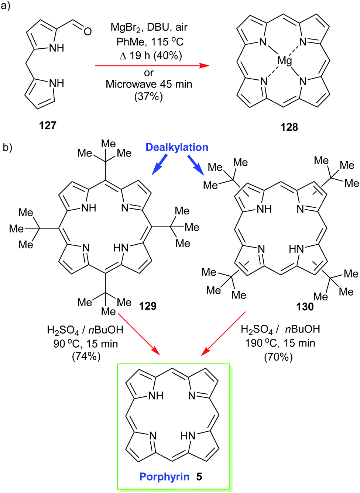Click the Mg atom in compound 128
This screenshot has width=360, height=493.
click(285, 61)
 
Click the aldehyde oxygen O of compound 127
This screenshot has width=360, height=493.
click(88, 31)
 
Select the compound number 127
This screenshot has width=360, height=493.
click(48, 125)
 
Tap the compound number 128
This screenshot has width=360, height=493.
click(289, 127)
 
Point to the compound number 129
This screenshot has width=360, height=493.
click(148, 306)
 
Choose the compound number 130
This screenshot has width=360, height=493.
click(305, 307)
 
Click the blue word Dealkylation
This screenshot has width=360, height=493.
click(177, 147)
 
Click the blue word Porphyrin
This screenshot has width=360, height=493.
click(164, 477)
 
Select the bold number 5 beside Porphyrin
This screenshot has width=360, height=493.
click(199, 477)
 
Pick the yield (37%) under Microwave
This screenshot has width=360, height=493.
click(148, 97)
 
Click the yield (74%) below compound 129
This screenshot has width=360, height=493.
click(86, 356)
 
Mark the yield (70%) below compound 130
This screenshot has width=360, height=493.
click(278, 357)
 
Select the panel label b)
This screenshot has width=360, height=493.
click(7, 148)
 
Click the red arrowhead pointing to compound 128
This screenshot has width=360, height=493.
click(204, 66)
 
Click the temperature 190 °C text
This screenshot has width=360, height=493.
click(261, 343)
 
